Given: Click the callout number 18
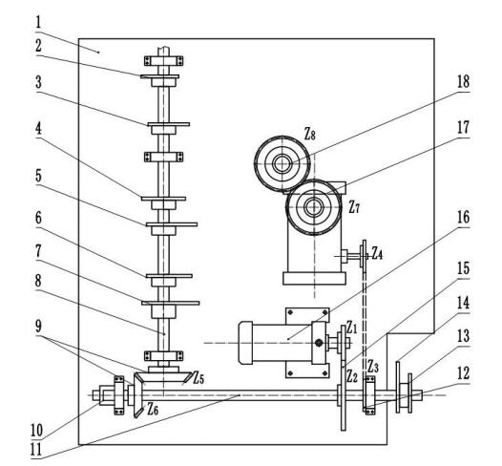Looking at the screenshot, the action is (x=463, y=81).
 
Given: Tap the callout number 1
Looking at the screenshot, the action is (x=38, y=23).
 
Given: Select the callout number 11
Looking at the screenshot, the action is (x=36, y=450).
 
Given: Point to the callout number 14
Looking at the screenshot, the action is (x=463, y=303).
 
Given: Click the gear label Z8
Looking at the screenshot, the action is (x=309, y=135).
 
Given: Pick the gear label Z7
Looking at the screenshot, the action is (x=354, y=207).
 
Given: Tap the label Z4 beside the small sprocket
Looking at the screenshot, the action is (x=377, y=254).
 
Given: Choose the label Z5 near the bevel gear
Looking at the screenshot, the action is (x=199, y=378).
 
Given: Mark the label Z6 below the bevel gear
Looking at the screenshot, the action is (x=153, y=410).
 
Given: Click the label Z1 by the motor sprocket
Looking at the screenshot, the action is (x=351, y=328).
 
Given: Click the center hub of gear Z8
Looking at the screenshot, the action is (x=282, y=163).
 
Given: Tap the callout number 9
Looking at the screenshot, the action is (x=38, y=327).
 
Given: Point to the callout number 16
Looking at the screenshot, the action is (x=463, y=218).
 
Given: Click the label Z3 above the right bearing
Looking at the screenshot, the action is (x=373, y=367).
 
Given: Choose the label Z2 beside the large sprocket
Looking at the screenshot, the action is (x=352, y=377).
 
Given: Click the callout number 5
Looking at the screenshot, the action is (x=38, y=176).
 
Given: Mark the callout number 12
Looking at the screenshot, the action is (x=463, y=373).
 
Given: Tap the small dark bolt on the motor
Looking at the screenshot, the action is (x=318, y=343).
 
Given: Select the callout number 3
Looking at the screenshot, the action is (x=38, y=83).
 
